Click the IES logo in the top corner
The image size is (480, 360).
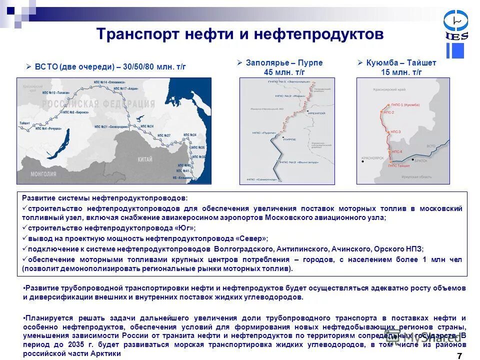tap(455, 25)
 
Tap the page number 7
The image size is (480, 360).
tap(459, 355)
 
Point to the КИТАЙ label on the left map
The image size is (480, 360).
tap(145, 159)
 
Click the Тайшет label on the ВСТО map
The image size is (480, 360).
tap(25, 122)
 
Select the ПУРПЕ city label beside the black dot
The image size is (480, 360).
tap(290, 138)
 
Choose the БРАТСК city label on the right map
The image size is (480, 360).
tap(420, 160)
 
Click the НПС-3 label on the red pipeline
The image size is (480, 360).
tap(395, 131)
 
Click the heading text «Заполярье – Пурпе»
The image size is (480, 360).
tap(284, 63)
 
